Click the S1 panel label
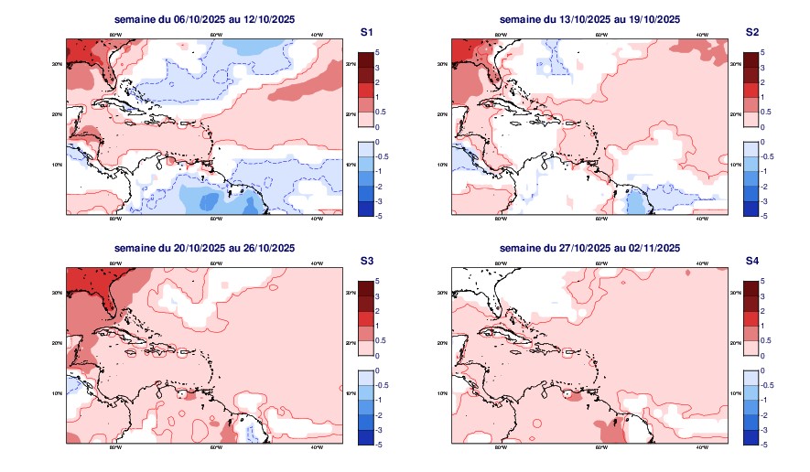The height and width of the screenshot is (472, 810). [366, 32]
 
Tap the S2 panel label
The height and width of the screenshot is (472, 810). [752, 32]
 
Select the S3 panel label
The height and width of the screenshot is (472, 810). [366, 261]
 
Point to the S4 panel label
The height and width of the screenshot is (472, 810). [752, 261]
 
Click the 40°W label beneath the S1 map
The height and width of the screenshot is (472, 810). [315, 220]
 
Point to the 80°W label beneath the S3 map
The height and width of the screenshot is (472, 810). [115, 448]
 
